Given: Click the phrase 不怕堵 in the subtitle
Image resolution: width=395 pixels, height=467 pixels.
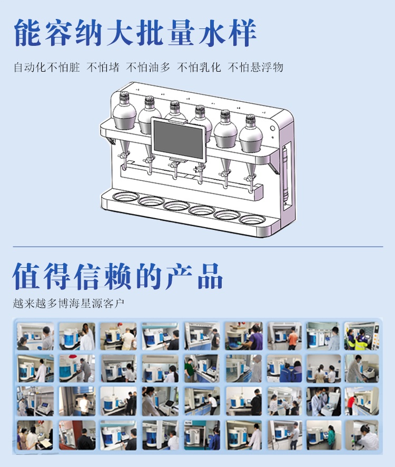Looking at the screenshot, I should coord(103,67).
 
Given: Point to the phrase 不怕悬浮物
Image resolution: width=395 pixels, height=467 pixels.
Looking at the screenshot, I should coord(255,67).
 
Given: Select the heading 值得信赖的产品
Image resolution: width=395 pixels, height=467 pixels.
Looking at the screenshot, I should coord(118,276).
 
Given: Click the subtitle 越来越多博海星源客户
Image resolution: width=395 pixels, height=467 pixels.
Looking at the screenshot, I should coord(69,304).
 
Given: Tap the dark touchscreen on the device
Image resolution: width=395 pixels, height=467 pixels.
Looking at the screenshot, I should coord(178,139).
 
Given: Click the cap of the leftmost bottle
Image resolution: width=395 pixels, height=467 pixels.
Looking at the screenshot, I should coord(125,98).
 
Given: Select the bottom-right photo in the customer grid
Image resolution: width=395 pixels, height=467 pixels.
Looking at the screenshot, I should coord(362,434).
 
